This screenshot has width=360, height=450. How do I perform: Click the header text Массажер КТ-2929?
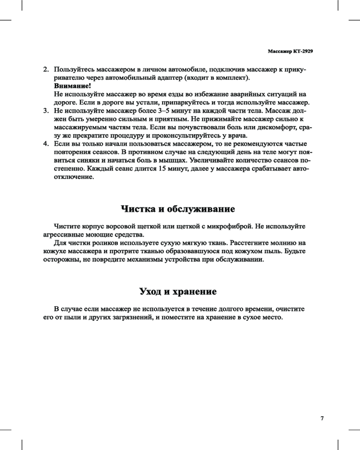(290, 51)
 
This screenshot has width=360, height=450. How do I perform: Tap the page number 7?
(322, 418)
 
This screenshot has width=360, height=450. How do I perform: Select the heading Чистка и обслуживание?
(178, 209)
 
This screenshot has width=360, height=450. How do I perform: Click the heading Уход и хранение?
(178, 292)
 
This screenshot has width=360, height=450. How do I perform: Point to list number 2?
(45, 70)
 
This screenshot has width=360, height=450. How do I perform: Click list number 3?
(45, 110)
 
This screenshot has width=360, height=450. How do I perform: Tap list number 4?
(45, 144)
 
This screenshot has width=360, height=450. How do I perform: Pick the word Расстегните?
(242, 243)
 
